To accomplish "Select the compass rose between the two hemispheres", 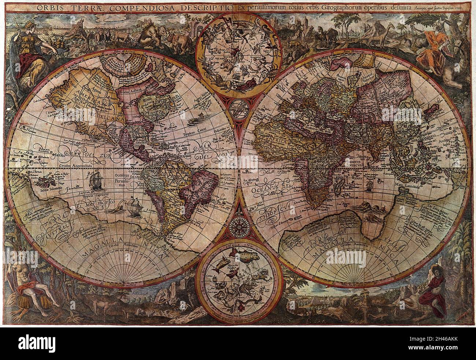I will pos(238,223).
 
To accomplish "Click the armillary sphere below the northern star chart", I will pos(238,109).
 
